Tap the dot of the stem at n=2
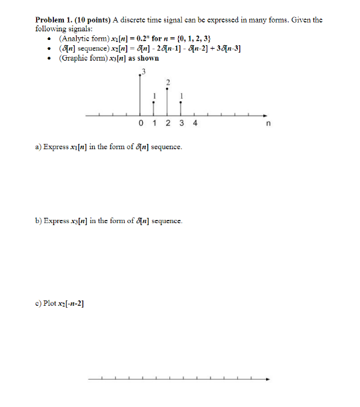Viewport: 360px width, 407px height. click(167, 88)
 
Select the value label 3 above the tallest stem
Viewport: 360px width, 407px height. click(141, 71)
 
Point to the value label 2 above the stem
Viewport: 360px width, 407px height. click(168, 82)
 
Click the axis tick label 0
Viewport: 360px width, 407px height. click(141, 123)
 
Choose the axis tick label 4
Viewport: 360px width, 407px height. click(195, 123)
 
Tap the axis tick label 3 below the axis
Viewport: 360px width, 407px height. click(181, 123)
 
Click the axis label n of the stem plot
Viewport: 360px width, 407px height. click(268, 124)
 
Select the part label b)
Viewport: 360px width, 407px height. click(39, 220)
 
